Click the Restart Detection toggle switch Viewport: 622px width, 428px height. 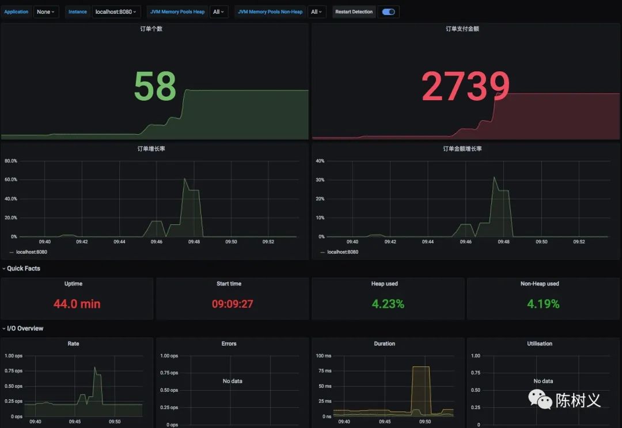pos(389,12)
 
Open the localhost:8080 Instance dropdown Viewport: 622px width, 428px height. pos(116,12)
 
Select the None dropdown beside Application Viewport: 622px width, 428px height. pos(46,12)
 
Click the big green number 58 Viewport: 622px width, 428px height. pos(155,86)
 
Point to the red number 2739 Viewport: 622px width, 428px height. pos(465,87)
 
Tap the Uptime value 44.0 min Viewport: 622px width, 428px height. pos(77,304)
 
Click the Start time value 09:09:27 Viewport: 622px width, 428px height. pos(232,304)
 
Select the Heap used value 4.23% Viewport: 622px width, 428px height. pos(388,304)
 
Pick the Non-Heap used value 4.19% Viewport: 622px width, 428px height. pos(543,304)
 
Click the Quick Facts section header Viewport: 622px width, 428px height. pos(23,269)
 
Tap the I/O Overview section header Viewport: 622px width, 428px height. pos(25,328)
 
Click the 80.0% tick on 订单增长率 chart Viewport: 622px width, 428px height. pos(11,161)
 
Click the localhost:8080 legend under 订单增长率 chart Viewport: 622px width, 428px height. pos(32,252)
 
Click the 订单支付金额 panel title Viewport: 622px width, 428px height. pos(462,29)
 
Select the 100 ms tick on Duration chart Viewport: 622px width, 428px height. pos(324,356)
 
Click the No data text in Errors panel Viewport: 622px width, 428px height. pos(232,381)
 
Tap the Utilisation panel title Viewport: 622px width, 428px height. pos(540,343)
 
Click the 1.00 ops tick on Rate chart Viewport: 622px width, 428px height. pos(14,356)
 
